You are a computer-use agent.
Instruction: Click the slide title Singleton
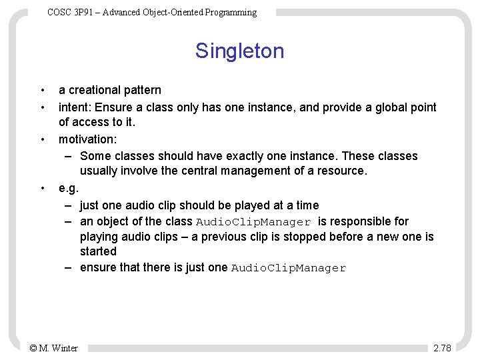point(239,51)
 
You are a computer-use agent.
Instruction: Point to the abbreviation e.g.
point(69,189)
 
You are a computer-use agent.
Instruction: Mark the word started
point(98,251)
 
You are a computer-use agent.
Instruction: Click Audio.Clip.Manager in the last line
point(289,268)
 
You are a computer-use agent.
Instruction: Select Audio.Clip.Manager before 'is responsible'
point(254,222)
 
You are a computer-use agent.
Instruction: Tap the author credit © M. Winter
point(54,348)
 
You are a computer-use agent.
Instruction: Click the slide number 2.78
point(442,348)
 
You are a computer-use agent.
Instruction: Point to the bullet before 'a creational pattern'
point(42,90)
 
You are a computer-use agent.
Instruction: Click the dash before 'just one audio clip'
point(69,205)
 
